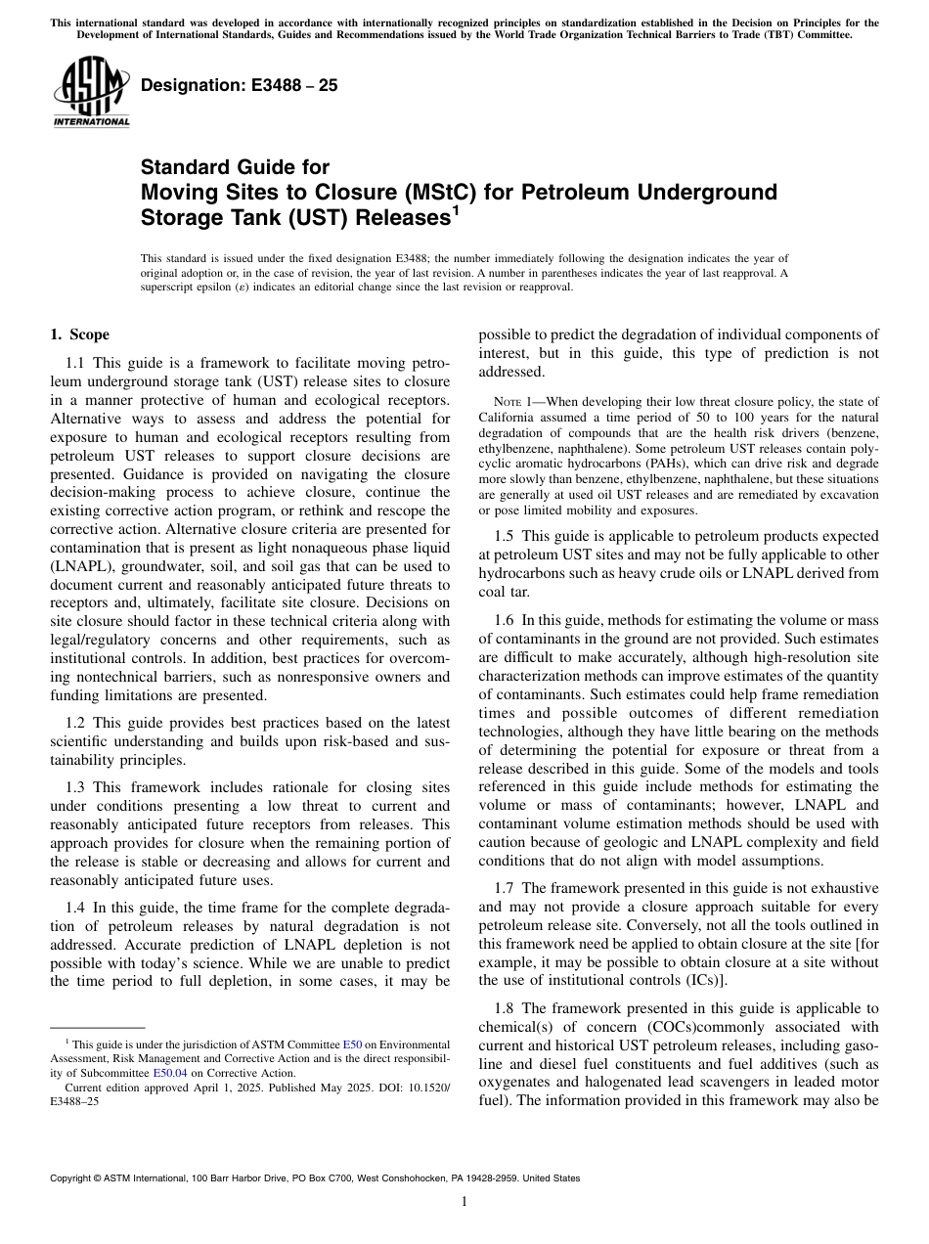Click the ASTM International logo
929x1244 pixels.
90,94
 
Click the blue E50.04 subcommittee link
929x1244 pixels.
168,1073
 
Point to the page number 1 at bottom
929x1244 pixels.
464,1202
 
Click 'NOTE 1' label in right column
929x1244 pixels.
509,401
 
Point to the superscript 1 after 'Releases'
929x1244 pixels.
455,209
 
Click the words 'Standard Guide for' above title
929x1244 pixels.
235,167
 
